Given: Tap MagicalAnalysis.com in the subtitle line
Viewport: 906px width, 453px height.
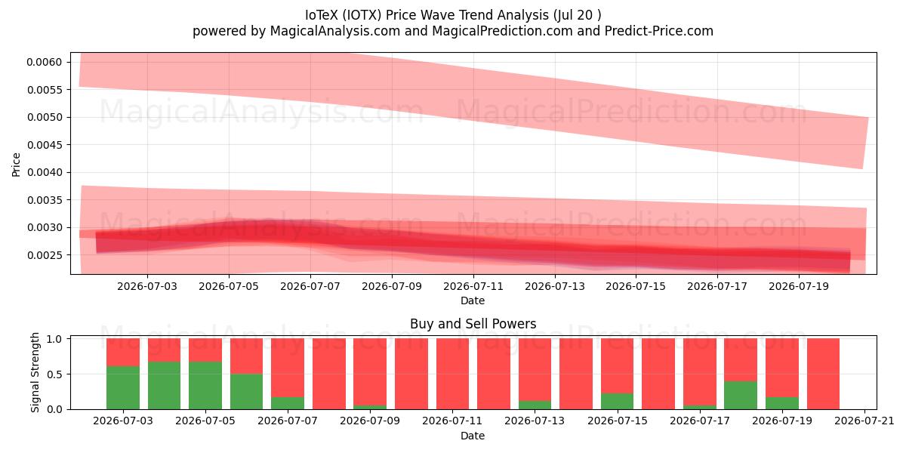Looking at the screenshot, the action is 335,31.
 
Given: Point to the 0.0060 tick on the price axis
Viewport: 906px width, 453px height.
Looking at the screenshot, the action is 45,62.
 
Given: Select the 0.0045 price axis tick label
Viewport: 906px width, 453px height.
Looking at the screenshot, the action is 45,145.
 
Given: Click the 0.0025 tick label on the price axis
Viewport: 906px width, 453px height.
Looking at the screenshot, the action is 45,255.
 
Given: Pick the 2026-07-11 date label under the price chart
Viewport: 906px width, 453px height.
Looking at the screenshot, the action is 473,286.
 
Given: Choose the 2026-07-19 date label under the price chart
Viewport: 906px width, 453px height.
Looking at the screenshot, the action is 799,286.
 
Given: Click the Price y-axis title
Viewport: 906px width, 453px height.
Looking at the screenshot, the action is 16,165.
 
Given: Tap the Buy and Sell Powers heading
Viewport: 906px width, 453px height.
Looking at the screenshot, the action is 473,324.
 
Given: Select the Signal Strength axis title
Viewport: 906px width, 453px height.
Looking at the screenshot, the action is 35,372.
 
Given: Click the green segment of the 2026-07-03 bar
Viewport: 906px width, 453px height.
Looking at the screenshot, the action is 123,387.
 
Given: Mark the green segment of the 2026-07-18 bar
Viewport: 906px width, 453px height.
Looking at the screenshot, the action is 741,395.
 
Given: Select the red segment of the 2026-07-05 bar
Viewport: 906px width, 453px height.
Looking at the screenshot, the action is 205,350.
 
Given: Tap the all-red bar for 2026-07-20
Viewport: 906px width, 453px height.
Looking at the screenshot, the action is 823,374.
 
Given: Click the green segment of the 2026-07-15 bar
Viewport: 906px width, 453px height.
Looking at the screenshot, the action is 618,401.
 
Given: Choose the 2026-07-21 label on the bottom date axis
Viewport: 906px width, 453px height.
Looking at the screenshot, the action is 864,421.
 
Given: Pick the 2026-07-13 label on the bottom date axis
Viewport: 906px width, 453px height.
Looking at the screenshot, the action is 535,421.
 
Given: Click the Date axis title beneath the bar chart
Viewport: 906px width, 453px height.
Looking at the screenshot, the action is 473,436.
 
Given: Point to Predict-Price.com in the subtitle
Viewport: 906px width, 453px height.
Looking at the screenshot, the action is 659,31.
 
